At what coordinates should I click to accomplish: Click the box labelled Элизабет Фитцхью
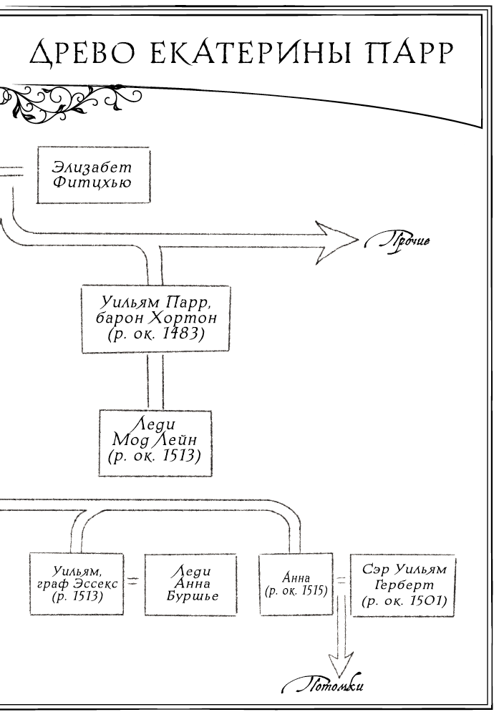coord(92,175)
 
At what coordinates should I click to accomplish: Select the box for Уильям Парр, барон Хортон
coord(155,319)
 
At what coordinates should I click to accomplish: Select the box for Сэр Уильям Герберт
coord(404,585)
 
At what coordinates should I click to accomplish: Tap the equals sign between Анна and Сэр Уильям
coord(341,584)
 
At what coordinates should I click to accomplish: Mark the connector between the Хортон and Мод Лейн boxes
coord(155,380)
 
